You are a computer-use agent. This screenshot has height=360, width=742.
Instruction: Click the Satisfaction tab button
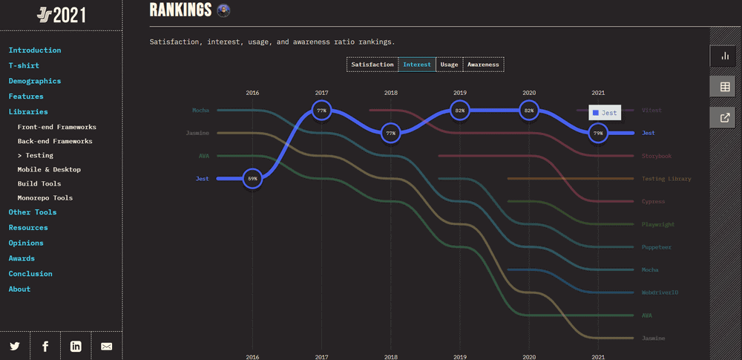372,65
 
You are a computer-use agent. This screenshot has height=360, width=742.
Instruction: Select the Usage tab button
449,65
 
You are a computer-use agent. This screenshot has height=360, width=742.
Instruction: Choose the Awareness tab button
483,65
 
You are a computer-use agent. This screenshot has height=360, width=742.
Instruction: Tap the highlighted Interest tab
417,65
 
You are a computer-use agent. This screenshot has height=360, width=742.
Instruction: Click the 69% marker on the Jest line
252,179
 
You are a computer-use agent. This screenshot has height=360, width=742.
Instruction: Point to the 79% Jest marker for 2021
598,134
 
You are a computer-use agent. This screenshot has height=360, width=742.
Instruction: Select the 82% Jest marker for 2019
460,111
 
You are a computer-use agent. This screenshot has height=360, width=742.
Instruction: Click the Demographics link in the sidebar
35,81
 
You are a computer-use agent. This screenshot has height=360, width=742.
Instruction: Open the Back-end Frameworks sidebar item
55,141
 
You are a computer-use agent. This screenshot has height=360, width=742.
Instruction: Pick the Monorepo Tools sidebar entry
45,198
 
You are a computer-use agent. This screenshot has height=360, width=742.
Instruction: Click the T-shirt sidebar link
24,65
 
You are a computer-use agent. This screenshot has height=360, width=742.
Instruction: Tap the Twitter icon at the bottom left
15,346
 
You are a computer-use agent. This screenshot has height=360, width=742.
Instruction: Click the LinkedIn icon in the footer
76,346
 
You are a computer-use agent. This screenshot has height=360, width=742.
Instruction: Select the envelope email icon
106,346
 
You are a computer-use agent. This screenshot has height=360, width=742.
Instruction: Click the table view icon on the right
725,87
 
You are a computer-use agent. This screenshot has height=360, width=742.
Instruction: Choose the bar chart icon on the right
725,56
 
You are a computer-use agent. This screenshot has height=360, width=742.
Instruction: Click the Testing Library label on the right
666,179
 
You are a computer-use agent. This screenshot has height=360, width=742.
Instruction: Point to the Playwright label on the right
658,224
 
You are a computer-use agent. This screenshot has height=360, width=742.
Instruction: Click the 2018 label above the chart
391,93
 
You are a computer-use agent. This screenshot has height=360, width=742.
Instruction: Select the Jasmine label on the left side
197,134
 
